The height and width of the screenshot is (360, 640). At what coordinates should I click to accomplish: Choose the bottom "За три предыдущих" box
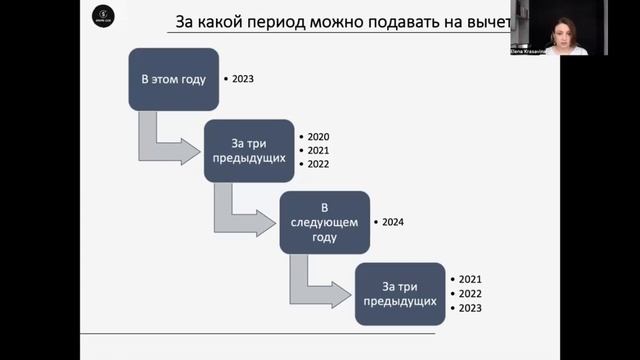(x=399, y=293)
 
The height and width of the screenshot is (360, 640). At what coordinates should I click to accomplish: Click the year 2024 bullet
(x=392, y=221)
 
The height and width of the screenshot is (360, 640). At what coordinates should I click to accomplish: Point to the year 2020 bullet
(x=318, y=136)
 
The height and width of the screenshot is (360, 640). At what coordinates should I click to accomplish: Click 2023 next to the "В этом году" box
(x=243, y=77)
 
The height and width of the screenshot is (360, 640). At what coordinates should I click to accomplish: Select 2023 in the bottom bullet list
(x=470, y=309)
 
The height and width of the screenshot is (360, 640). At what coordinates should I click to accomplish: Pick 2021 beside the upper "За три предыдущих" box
(x=318, y=150)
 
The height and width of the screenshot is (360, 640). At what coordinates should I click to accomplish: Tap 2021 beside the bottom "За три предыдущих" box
(x=470, y=279)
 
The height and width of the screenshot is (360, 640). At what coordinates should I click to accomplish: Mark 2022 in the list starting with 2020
(x=318, y=164)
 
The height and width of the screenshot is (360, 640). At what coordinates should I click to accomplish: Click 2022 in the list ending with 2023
(x=470, y=294)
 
